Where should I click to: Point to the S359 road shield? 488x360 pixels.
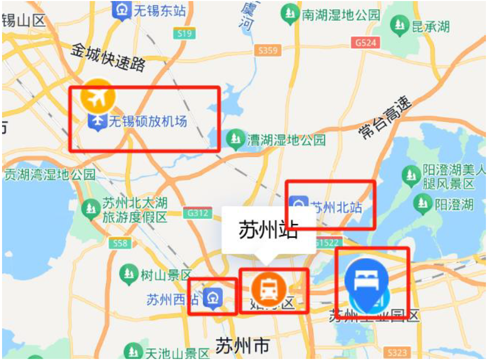pyautogui.click(x=268, y=50)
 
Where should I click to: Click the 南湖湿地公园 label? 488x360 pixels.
pyautogui.click(x=341, y=15)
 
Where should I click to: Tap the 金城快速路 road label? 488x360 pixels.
pyautogui.click(x=109, y=57)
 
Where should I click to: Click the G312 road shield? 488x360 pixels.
pyautogui.click(x=198, y=214)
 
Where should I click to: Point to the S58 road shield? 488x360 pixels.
pyautogui.click(x=120, y=243)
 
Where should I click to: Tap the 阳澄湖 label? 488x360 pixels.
pyautogui.click(x=454, y=205)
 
